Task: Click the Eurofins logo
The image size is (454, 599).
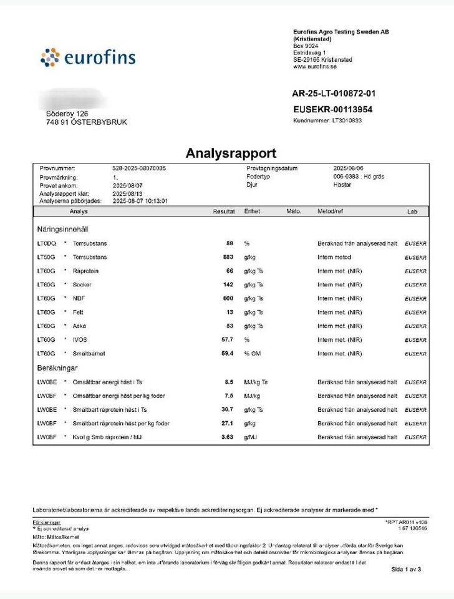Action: point(88,59)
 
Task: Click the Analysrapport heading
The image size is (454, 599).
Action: point(231,153)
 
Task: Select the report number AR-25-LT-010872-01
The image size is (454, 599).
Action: point(334,94)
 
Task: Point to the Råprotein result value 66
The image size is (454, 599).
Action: point(229,271)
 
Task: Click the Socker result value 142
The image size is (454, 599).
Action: point(228,285)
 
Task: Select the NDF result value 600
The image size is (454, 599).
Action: point(228,298)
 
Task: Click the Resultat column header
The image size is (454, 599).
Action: point(224,212)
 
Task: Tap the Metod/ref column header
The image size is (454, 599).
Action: point(331,212)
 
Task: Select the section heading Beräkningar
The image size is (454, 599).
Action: point(58,368)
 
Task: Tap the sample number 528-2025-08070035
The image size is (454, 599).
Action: point(138,169)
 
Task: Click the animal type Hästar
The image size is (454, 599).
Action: point(342,185)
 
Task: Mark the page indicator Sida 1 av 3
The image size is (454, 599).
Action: point(406,569)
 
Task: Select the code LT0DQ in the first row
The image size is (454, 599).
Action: point(47,243)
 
